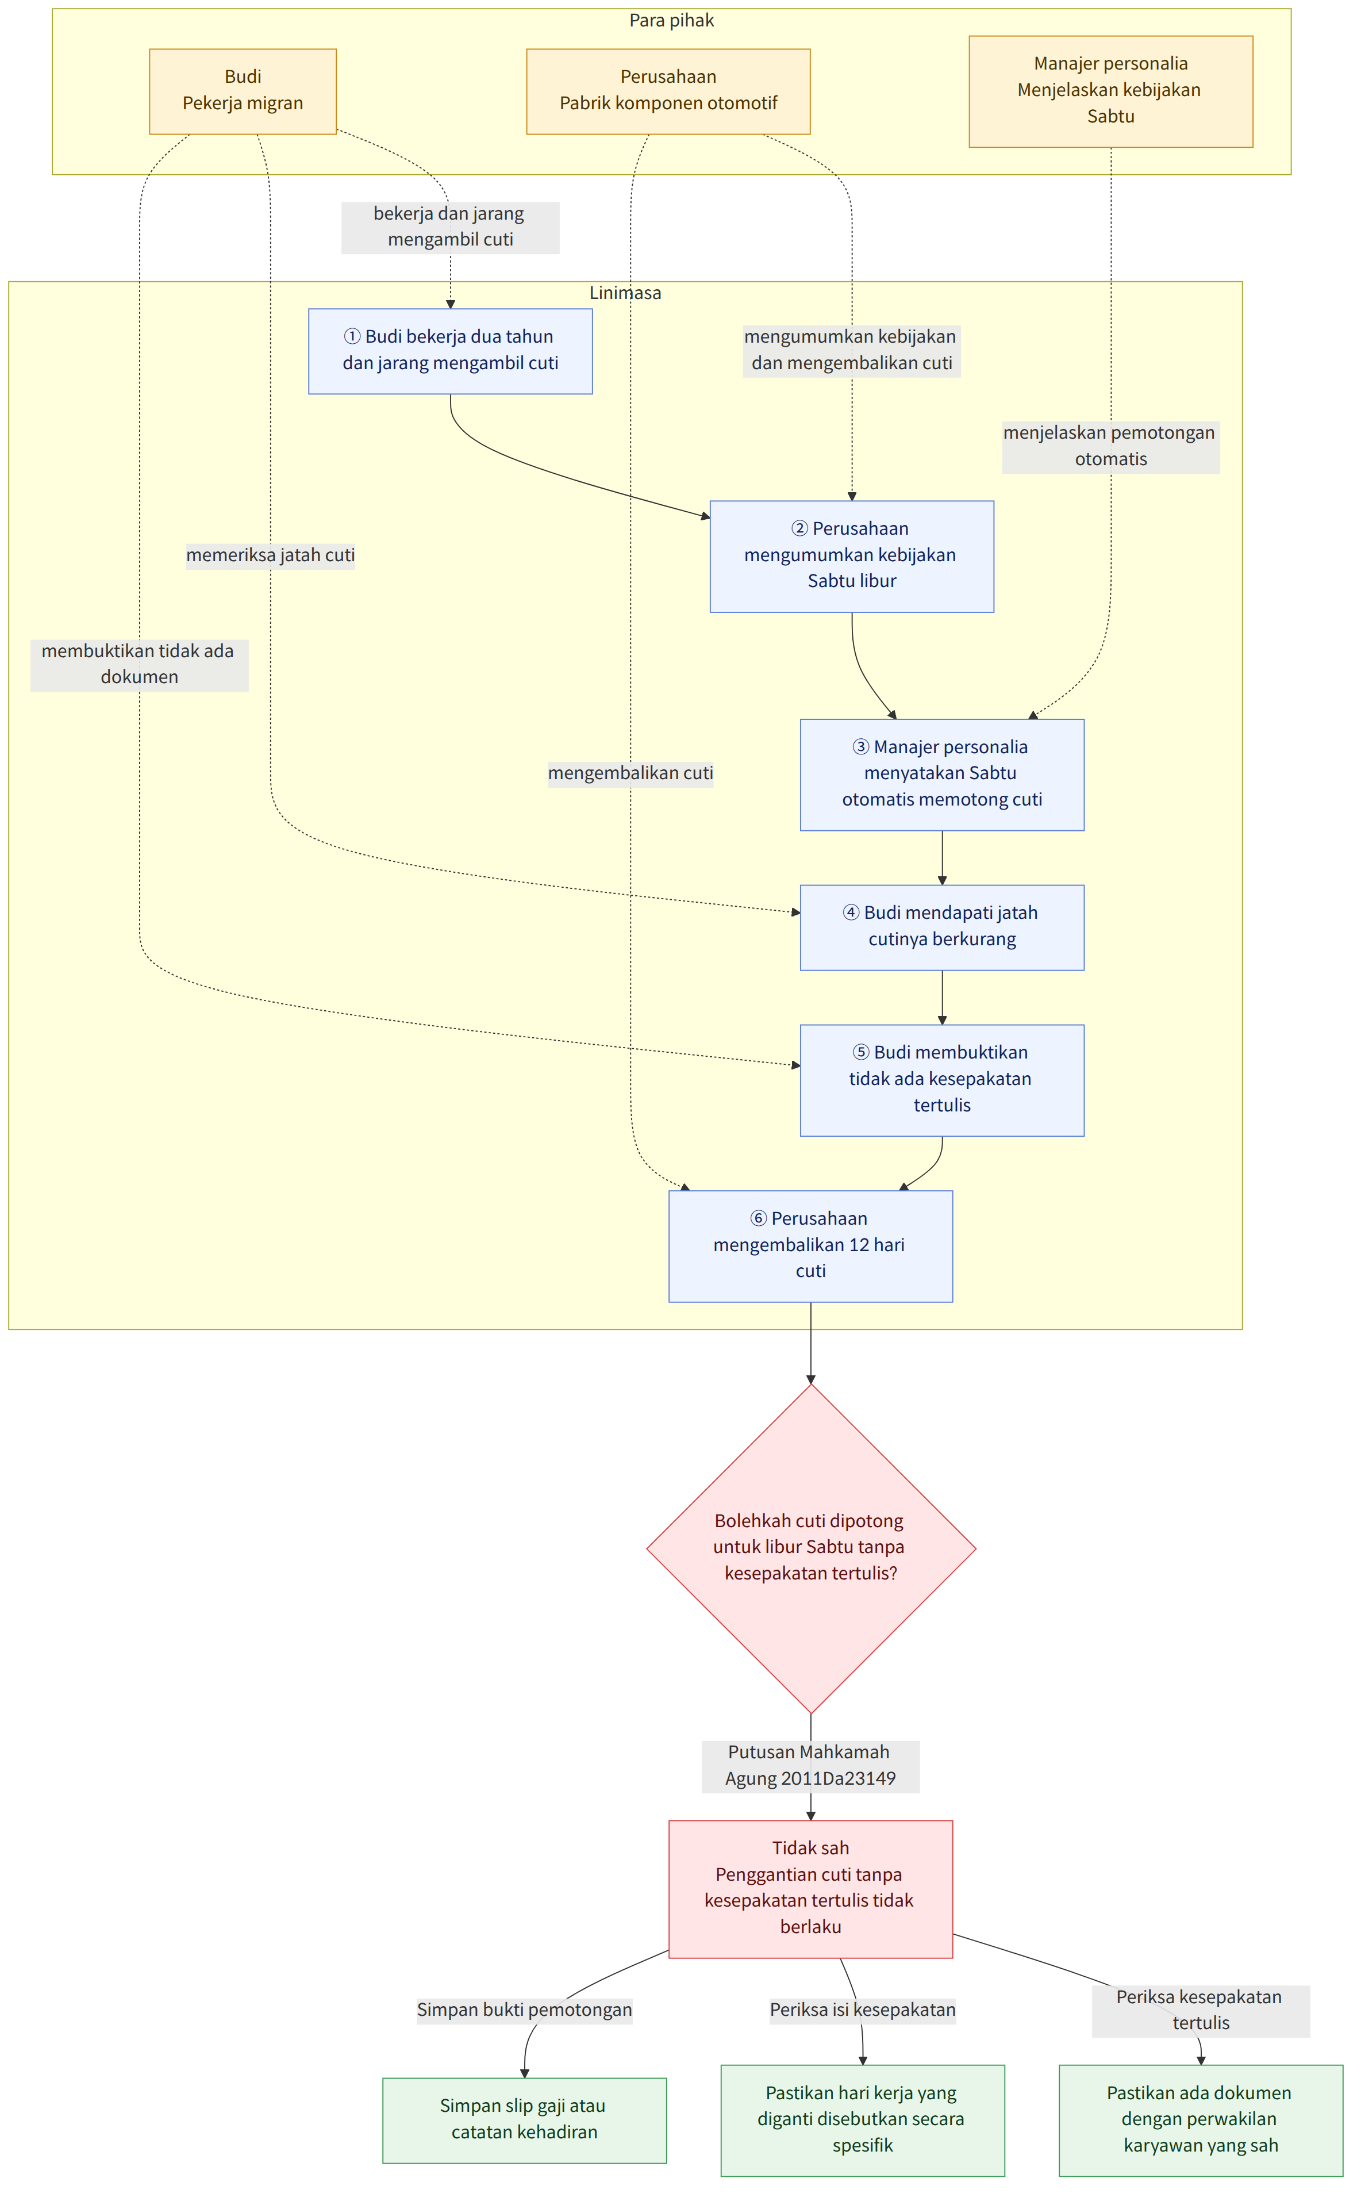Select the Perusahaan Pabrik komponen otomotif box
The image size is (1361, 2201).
point(668,91)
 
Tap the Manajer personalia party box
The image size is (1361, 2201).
point(1111,91)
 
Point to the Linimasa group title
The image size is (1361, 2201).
point(625,293)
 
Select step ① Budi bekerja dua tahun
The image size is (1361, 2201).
point(450,351)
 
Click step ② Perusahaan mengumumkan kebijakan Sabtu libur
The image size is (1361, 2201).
point(852,557)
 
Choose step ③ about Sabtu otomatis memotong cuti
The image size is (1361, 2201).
point(941,774)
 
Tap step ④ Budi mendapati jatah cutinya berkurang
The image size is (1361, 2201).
point(941,927)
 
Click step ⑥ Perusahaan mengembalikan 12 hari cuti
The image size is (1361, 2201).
point(810,1246)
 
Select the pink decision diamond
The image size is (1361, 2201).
point(811,1548)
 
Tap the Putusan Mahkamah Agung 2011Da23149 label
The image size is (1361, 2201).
point(810,1766)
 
